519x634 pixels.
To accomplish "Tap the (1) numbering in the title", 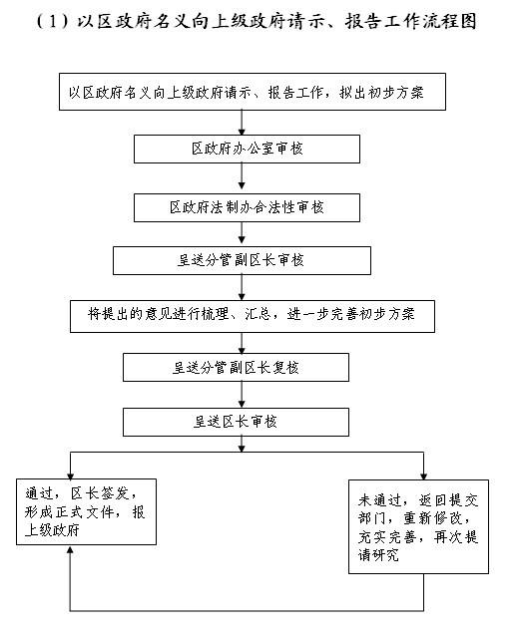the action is (52, 21).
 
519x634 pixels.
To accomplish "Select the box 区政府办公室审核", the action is (247, 150).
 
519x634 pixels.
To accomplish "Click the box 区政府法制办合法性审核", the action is (247, 207).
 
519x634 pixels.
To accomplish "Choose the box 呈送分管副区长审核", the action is (242, 261).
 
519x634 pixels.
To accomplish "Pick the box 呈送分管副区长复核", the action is (236, 368).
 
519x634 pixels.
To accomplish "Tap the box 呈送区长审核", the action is (236, 422).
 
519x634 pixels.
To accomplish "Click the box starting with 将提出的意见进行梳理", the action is (253, 316).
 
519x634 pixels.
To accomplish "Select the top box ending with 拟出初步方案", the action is (253, 92).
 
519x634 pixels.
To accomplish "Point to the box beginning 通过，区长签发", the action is (86, 512).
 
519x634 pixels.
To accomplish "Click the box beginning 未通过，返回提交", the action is (418, 527).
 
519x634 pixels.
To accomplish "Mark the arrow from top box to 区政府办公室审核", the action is (242, 123).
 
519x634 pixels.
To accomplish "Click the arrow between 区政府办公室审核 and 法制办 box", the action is (242, 176).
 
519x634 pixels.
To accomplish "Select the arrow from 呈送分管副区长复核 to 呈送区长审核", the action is (242, 395).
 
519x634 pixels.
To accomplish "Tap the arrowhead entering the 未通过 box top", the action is (423, 476).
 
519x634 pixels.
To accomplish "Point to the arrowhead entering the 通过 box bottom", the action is (70, 549).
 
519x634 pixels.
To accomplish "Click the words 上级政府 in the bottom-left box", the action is (52, 530).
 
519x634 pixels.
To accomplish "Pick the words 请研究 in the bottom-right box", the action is (378, 555).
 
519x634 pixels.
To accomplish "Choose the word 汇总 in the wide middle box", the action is (258, 314).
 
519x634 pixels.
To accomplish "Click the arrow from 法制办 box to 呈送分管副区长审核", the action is (242, 232).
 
